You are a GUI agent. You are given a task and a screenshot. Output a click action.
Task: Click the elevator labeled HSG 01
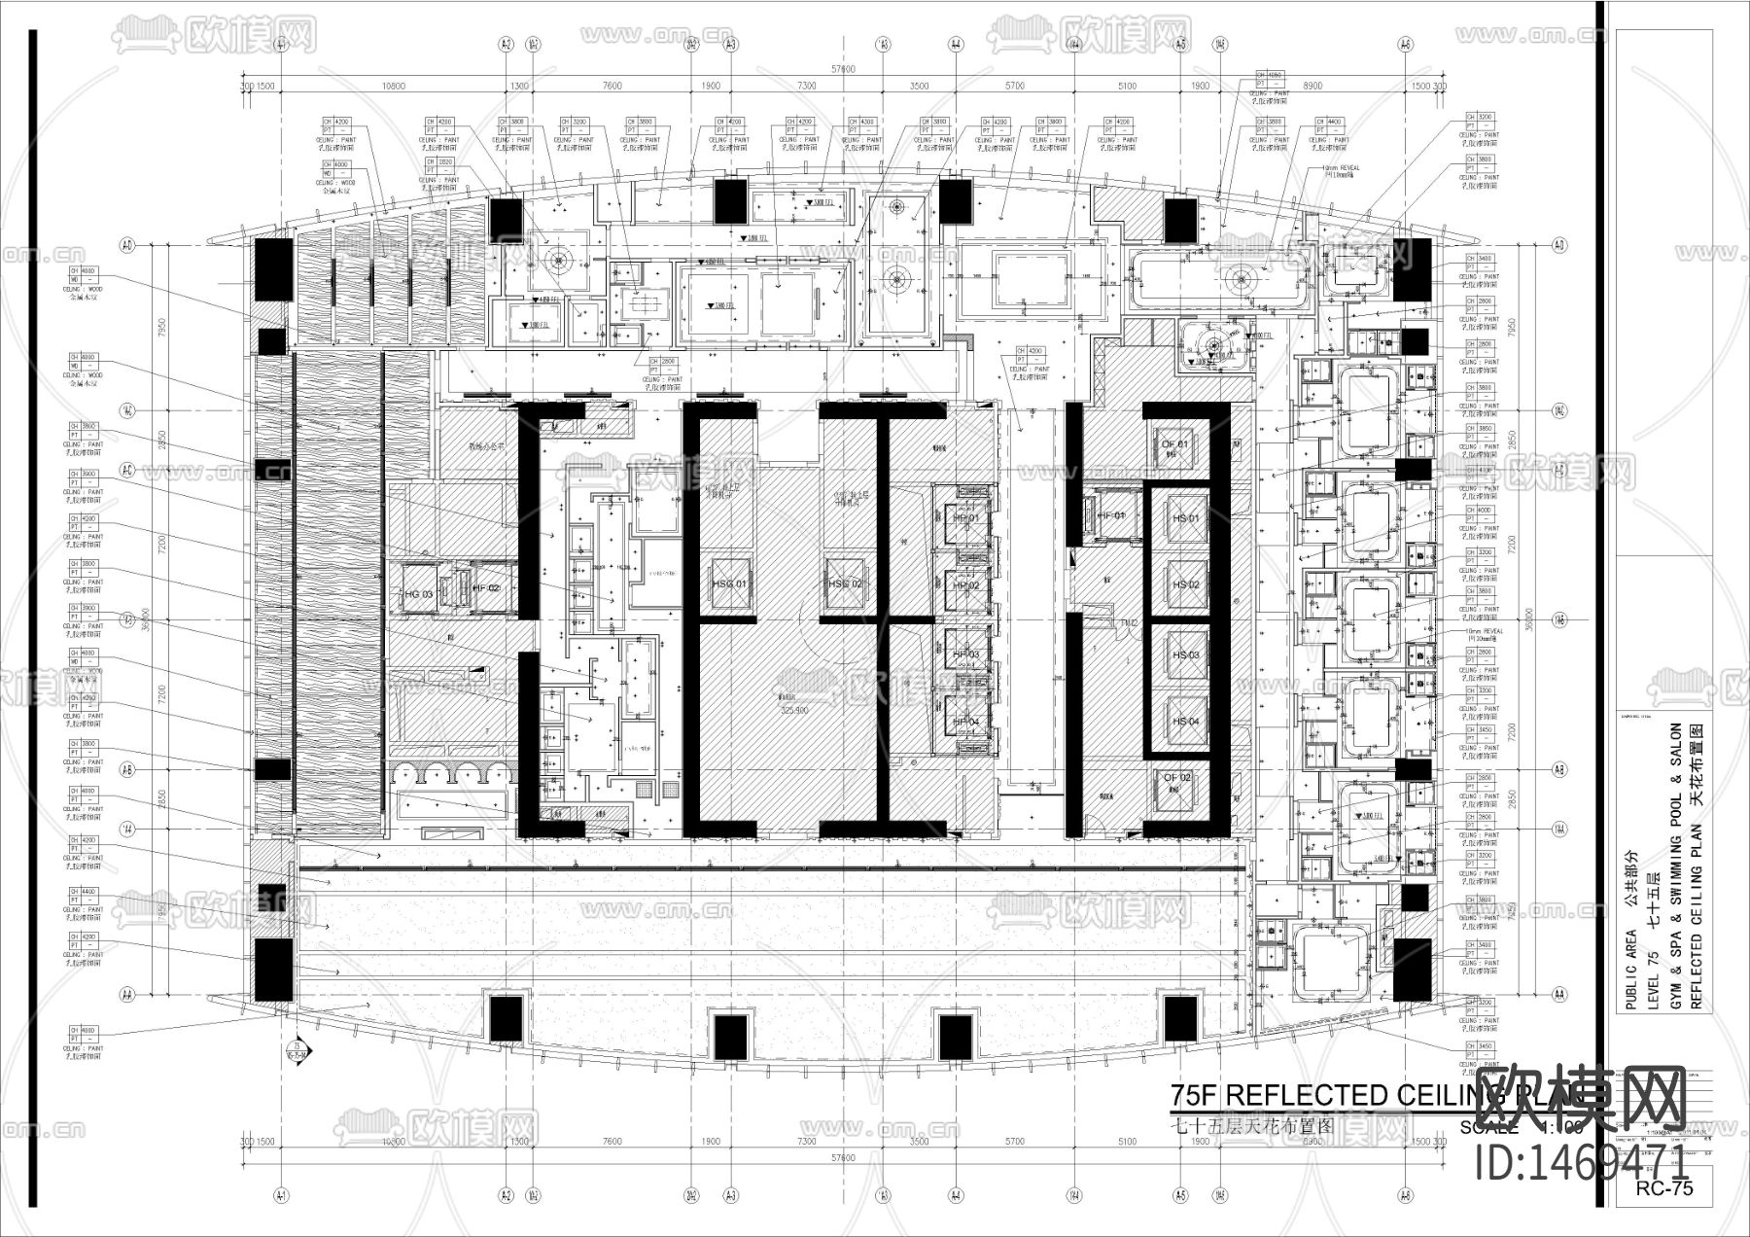(x=728, y=583)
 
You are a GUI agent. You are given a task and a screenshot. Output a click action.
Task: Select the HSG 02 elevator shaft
(x=844, y=583)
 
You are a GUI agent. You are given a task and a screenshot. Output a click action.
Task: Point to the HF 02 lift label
(x=486, y=588)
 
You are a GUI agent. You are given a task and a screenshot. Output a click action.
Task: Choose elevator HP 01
(x=965, y=518)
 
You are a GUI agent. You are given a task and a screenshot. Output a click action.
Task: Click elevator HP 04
(x=965, y=722)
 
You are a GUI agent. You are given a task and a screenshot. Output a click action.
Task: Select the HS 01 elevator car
(x=1185, y=518)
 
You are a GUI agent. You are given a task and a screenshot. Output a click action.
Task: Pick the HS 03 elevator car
(x=1185, y=654)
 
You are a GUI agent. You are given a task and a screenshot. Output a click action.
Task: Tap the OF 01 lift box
(x=1174, y=445)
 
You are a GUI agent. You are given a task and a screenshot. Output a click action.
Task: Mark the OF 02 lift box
(x=1174, y=778)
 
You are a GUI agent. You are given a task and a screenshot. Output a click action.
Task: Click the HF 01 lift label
(x=1109, y=515)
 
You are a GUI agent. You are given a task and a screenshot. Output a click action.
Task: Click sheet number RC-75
(x=1663, y=1188)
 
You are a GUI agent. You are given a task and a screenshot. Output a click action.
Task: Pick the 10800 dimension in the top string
(x=393, y=87)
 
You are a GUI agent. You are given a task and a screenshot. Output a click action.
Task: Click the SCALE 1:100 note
(x=1522, y=1128)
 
